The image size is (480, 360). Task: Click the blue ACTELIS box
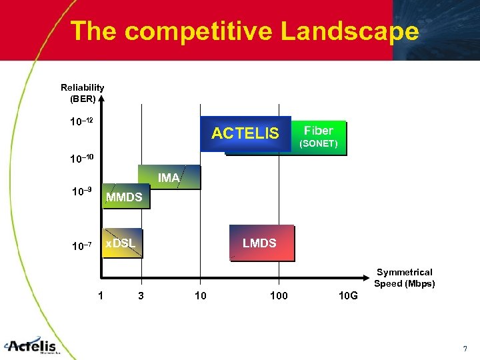(x=245, y=133)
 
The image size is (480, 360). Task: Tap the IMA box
(x=168, y=177)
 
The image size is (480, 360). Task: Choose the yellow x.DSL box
(x=121, y=244)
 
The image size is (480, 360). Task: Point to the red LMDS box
(x=260, y=243)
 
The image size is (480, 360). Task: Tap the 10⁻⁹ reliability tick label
(x=81, y=192)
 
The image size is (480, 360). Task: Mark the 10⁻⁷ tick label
(x=81, y=247)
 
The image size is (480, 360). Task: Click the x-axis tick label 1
(x=100, y=295)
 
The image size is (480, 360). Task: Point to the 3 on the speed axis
(x=140, y=295)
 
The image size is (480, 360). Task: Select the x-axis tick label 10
(x=200, y=295)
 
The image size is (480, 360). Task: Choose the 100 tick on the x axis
(x=279, y=295)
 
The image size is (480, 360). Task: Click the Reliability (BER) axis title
(x=82, y=93)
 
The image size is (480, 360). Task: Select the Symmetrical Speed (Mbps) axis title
(x=404, y=277)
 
